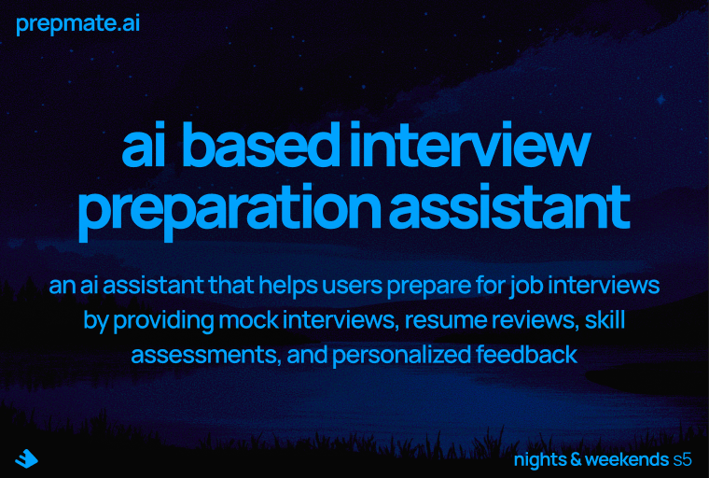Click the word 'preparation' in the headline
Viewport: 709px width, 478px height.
click(228, 212)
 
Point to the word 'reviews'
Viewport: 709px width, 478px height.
click(531, 320)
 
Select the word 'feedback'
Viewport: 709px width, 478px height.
click(535, 355)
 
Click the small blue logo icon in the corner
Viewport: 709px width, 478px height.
click(26, 457)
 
